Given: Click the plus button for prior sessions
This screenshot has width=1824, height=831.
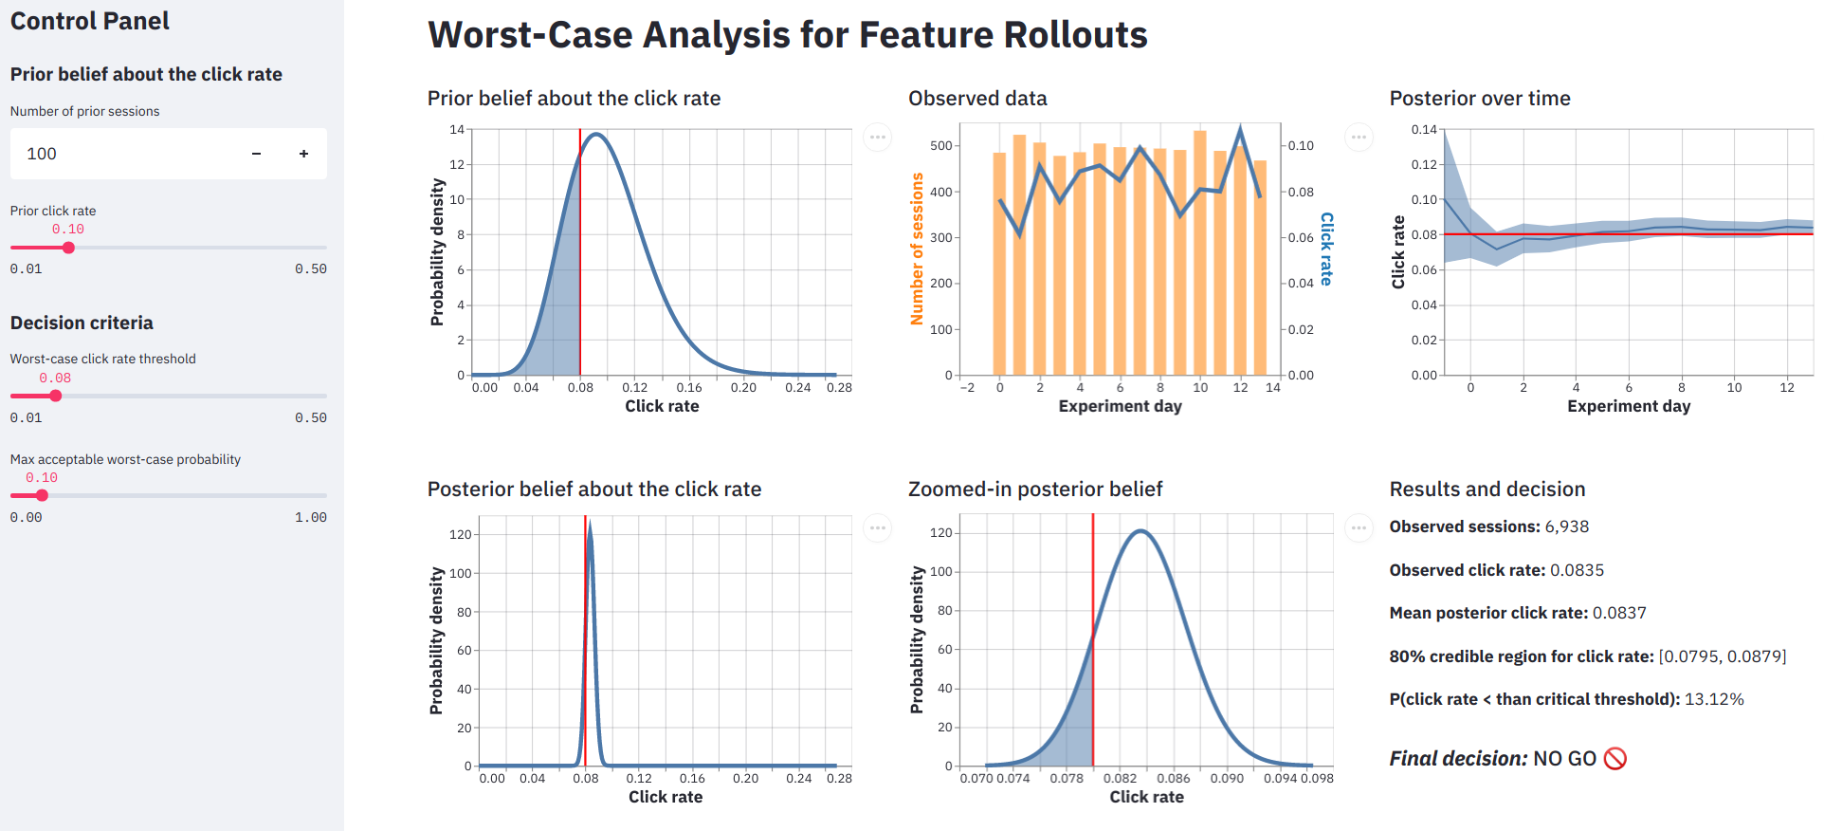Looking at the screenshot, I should (303, 154).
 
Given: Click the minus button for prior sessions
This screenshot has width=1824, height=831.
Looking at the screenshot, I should (256, 154).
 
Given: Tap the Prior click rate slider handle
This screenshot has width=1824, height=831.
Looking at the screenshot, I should (68, 248).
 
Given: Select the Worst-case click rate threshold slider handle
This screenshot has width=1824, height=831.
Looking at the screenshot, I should (55, 396).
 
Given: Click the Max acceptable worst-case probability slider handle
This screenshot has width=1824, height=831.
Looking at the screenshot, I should (42, 495).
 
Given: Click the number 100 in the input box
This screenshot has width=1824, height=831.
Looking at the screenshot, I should (42, 154).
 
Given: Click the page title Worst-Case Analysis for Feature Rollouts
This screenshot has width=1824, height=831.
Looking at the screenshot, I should (787, 35).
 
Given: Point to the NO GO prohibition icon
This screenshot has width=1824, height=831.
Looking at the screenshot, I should (1615, 759).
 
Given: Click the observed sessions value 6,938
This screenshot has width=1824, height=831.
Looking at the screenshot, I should (1566, 526).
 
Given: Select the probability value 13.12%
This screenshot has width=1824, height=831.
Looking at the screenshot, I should (1714, 699).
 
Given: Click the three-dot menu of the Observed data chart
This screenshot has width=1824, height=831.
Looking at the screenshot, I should (1359, 138).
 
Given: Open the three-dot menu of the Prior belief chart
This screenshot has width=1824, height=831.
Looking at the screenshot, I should (878, 138).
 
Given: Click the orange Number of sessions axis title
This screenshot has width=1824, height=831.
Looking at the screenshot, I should (917, 249).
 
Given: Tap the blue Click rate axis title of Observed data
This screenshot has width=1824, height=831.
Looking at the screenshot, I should (1326, 249).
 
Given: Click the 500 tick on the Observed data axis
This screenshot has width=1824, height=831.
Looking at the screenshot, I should (940, 146).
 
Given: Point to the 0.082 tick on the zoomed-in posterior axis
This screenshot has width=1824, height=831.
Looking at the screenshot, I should (1120, 778).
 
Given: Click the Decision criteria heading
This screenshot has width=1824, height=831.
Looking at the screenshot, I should (82, 323).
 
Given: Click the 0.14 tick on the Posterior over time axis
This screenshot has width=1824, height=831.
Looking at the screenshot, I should (1423, 130).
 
